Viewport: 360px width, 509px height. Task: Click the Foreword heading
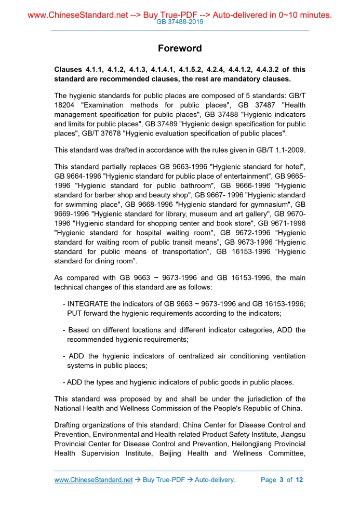[x=180, y=48]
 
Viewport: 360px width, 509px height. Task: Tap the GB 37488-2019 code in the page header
[x=180, y=22]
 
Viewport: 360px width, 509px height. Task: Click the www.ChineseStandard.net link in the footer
[x=94, y=479]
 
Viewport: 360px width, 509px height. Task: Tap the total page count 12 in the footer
[x=299, y=479]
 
